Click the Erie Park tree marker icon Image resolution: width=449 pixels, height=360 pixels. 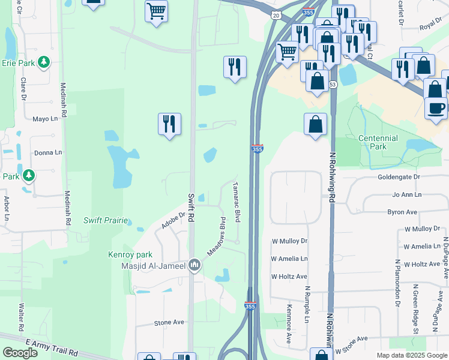click(43, 62)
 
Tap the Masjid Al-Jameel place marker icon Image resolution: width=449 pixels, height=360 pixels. click(194, 265)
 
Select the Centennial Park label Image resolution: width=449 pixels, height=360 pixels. click(378, 142)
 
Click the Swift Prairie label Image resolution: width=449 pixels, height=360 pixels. click(106, 220)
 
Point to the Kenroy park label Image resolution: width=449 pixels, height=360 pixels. click(127, 254)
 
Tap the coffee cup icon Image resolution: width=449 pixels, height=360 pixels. click(436, 108)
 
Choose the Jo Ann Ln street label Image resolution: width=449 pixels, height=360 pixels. click(407, 195)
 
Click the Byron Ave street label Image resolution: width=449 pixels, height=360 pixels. click(402, 212)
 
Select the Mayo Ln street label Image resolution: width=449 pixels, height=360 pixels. click(44, 119)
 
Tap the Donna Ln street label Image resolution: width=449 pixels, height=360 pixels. click(48, 152)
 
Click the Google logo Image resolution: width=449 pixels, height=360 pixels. click(20, 353)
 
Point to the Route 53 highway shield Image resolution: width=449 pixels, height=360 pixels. click(332, 85)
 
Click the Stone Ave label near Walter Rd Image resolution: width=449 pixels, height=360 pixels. click(169, 322)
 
